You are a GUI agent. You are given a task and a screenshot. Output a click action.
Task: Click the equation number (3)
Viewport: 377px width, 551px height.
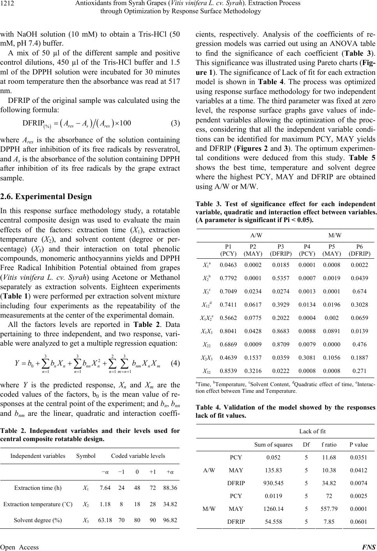click(x=175, y=124)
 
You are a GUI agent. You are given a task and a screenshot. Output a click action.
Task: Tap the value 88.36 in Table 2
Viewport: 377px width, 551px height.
click(x=170, y=488)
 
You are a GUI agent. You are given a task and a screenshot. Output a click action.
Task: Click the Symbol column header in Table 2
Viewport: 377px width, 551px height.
click(x=86, y=456)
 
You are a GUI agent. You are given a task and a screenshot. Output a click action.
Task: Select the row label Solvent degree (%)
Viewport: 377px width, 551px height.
click(x=38, y=520)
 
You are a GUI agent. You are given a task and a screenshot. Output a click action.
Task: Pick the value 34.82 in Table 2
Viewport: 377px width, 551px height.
click(x=170, y=504)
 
